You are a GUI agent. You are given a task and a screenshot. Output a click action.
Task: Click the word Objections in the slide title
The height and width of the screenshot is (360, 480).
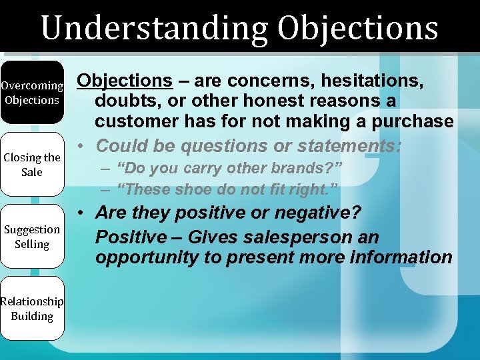pos(358,28)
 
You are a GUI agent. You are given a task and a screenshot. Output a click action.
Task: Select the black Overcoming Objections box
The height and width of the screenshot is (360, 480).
pos(32,93)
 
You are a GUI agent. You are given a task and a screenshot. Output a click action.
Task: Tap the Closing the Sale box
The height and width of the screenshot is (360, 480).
pos(32,165)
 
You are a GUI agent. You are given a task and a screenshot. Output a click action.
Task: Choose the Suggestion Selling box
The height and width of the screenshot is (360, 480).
pos(32,237)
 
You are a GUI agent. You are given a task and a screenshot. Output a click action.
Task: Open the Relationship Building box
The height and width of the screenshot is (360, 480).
pos(32,309)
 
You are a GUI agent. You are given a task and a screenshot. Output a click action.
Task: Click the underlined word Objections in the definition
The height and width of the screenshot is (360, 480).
pos(125,81)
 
